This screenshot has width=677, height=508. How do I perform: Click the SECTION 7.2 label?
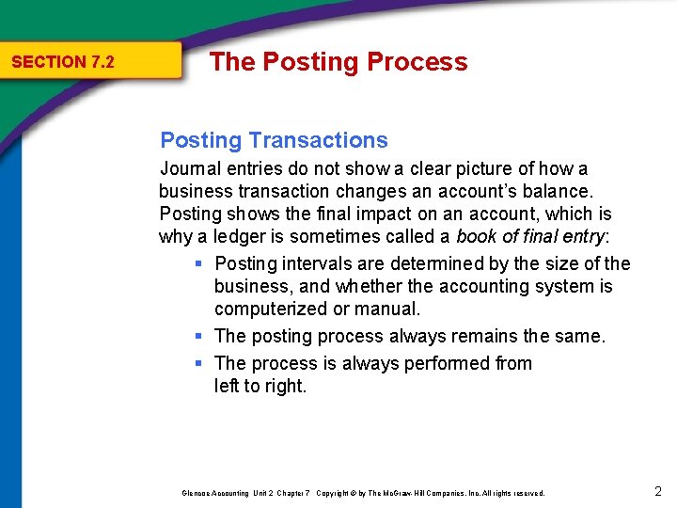(x=62, y=62)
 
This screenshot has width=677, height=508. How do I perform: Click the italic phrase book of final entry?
(x=529, y=237)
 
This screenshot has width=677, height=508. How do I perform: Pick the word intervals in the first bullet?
(x=317, y=263)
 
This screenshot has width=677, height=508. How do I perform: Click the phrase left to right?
(x=260, y=386)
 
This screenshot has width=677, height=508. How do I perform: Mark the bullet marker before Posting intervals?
(x=199, y=264)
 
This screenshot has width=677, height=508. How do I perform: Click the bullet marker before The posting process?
(x=199, y=337)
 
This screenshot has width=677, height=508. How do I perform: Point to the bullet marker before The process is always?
(x=199, y=364)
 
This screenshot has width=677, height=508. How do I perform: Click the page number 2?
(x=657, y=491)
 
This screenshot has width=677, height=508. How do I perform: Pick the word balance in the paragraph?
(x=555, y=192)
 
